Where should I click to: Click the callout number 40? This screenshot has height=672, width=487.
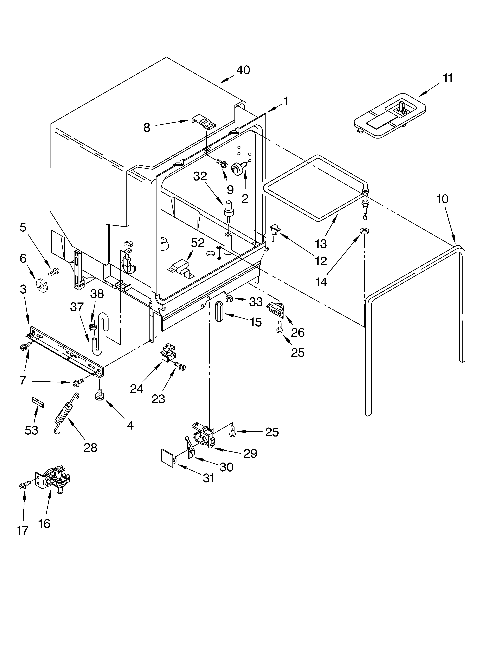pyautogui.click(x=243, y=70)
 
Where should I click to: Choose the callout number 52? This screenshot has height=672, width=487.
pyautogui.click(x=198, y=243)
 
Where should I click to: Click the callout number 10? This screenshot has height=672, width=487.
pyautogui.click(x=442, y=199)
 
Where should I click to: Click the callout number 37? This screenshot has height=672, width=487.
pyautogui.click(x=77, y=307)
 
